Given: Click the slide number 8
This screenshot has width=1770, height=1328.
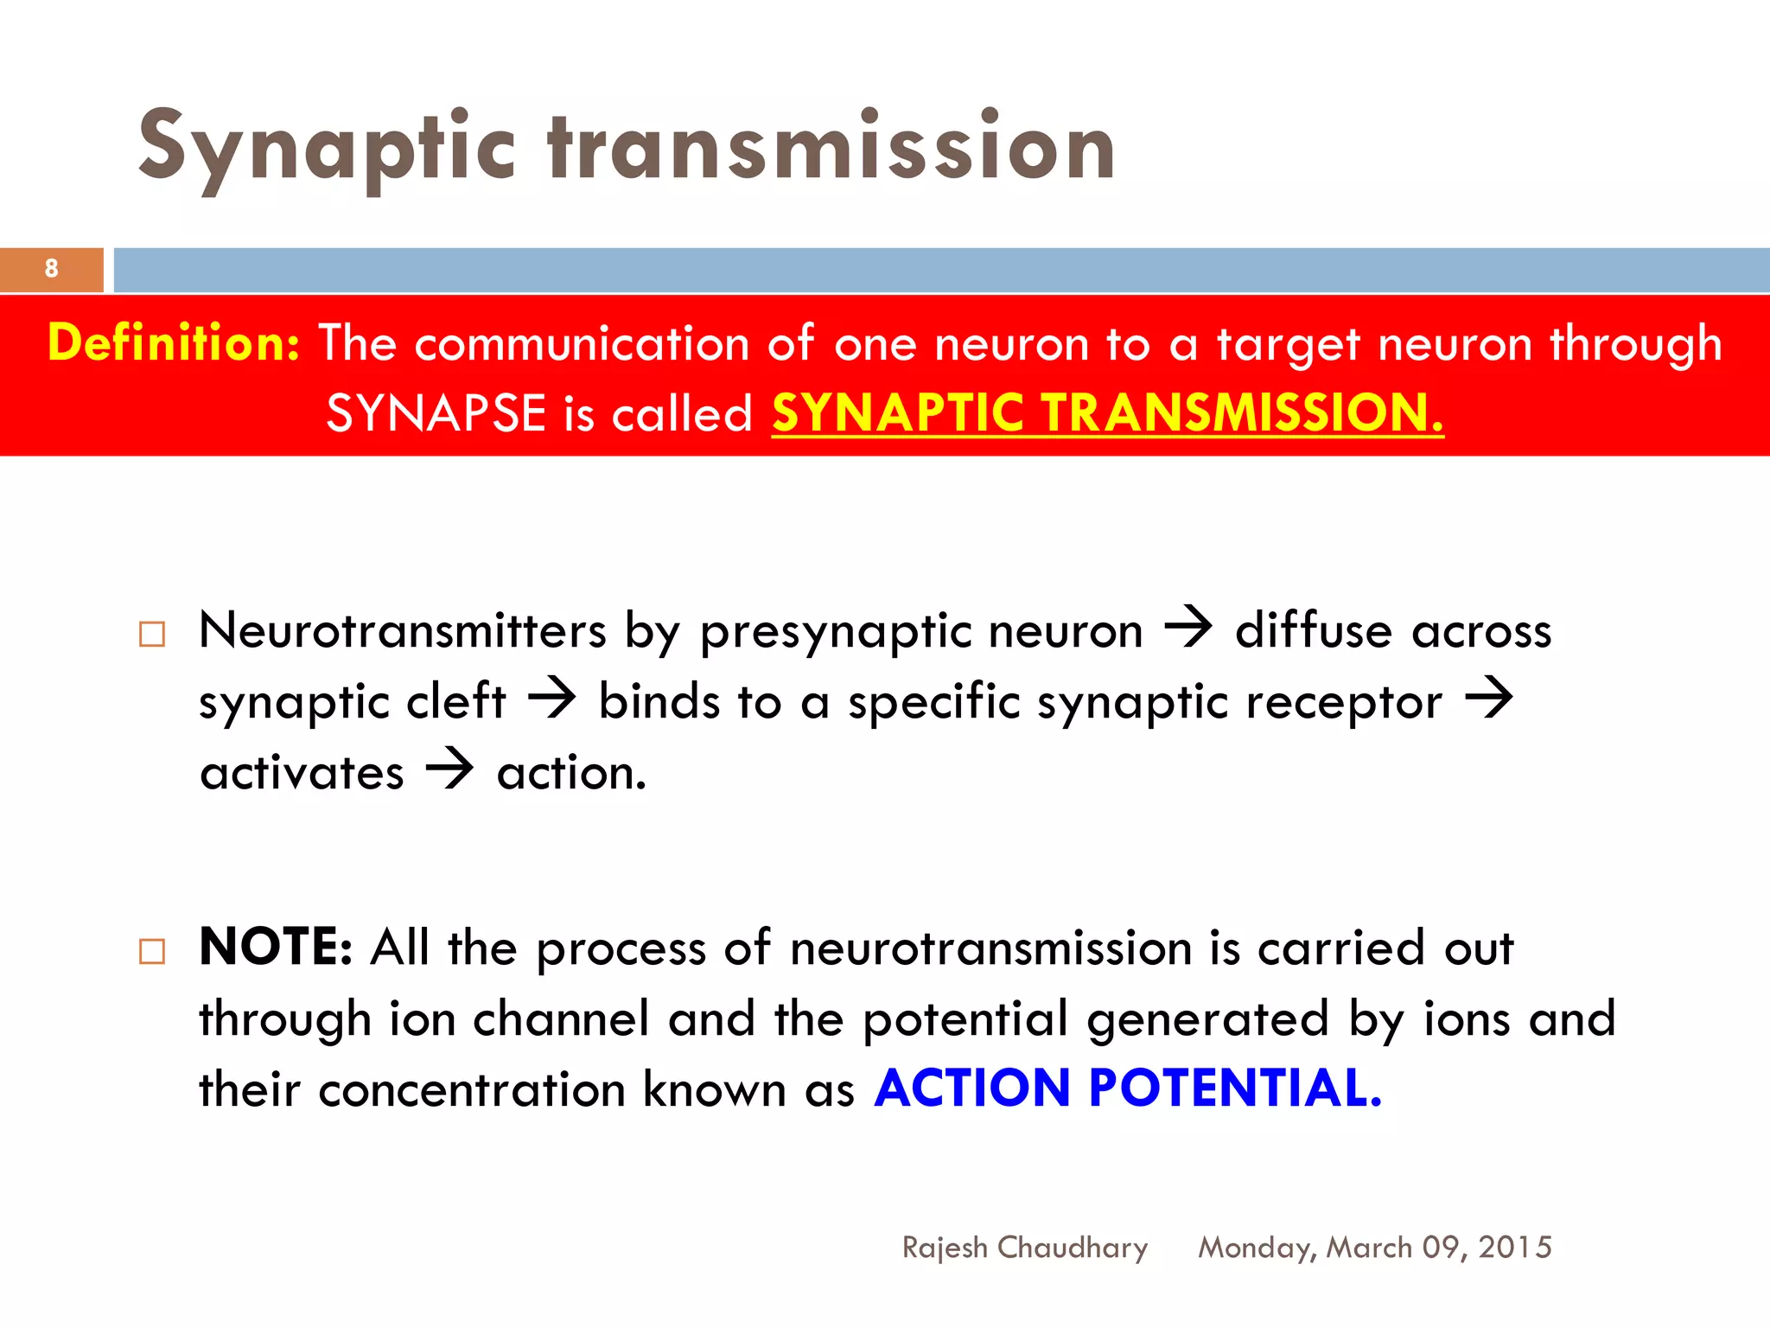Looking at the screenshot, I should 52,269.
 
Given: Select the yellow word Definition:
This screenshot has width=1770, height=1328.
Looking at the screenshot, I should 174,342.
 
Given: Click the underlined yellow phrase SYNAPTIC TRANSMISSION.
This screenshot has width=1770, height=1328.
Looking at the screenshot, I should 1107,412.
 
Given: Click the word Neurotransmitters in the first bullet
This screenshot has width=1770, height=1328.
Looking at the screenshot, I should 403,630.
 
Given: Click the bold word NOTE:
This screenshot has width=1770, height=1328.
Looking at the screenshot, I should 276,947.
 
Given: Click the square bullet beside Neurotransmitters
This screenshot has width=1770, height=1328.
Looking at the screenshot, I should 152,635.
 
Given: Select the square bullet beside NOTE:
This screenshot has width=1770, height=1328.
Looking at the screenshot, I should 152,952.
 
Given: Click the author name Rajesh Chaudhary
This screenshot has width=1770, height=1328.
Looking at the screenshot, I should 1025,1248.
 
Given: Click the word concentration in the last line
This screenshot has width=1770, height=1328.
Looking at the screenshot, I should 472,1089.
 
